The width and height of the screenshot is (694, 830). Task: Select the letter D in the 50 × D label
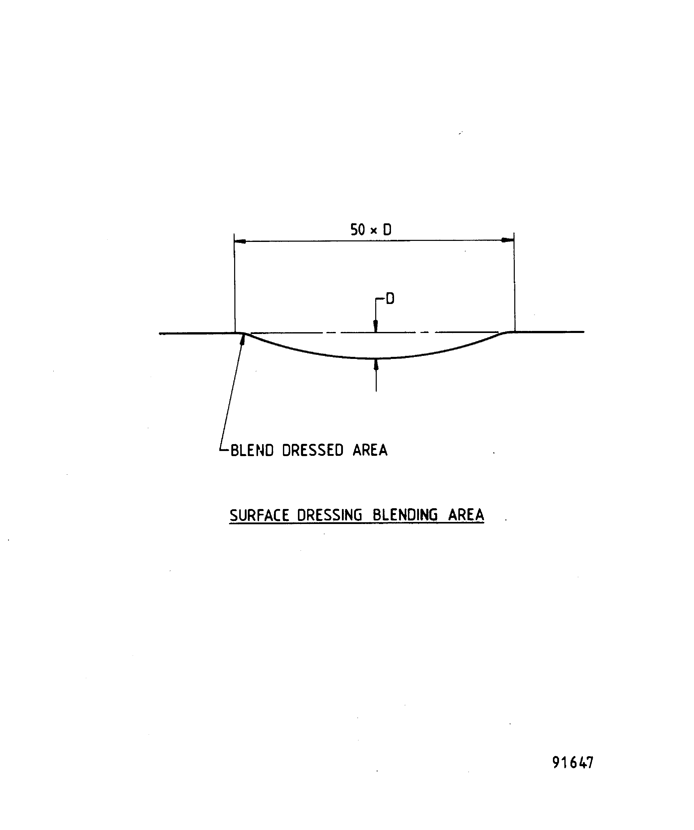click(387, 230)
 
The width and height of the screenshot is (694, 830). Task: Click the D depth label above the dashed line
click(390, 299)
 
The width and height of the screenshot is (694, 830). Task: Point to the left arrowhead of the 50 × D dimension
click(240, 241)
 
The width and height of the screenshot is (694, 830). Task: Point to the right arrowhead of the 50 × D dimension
click(508, 240)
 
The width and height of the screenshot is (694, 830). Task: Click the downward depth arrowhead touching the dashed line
click(376, 326)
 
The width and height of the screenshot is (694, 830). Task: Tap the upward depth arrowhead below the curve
click(376, 365)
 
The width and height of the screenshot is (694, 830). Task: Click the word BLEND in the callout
click(252, 450)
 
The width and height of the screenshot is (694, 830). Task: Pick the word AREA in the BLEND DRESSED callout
click(370, 450)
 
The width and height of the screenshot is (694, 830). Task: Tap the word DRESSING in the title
click(329, 515)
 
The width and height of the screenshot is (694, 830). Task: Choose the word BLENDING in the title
click(405, 515)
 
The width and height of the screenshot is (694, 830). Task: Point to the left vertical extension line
click(235, 285)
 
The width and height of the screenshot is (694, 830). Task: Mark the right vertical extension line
click(514, 285)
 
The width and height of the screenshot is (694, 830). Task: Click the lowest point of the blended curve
click(376, 358)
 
